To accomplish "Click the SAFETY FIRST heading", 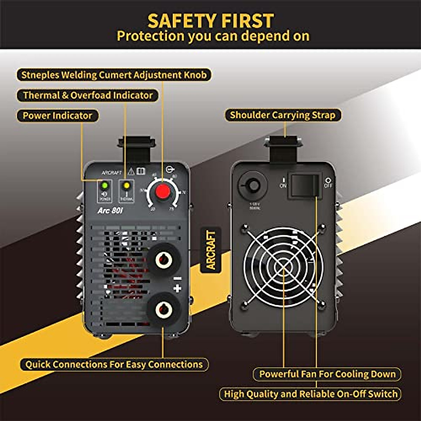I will pos(210,21).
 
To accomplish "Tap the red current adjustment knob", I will pos(163,192).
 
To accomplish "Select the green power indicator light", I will pos(105,185).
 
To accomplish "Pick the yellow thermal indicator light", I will pos(127,185).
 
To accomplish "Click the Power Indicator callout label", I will pos(58,116).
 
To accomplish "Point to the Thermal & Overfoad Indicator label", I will pos(88,95).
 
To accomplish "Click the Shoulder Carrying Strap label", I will pos(283,115).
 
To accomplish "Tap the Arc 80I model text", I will pos(110,210).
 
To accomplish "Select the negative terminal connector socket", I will pos(163,260).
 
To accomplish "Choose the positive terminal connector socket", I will pos(163,309).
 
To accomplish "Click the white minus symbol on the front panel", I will pos(178,279).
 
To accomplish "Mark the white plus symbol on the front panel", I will pos(178,288).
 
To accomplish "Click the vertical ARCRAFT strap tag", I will pos(211,250).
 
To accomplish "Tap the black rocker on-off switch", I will pos(304,185).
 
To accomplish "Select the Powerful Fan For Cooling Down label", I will pos(327,374).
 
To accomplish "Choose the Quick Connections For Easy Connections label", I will pos(114,365).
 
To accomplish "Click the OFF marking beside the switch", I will pos(328,183).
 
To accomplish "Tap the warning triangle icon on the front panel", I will pos(131,171).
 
